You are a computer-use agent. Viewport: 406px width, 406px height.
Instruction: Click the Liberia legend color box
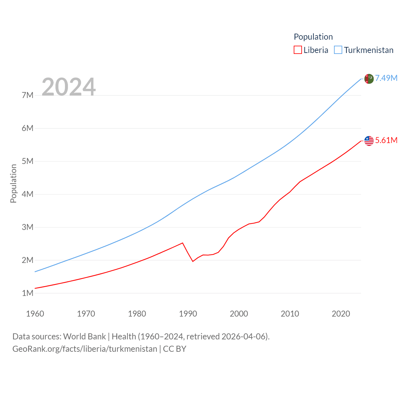click(x=298, y=50)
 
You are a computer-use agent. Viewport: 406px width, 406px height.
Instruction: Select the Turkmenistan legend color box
click(x=338, y=50)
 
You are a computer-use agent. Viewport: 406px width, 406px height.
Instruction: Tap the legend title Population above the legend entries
click(x=313, y=37)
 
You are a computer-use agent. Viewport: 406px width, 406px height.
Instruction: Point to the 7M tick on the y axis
click(x=28, y=95)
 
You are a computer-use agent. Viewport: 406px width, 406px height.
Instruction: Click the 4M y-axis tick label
click(x=28, y=194)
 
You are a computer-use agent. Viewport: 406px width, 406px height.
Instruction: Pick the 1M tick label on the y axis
click(x=28, y=293)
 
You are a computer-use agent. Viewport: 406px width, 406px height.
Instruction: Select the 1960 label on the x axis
click(x=35, y=314)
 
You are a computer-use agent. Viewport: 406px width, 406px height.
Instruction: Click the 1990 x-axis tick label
click(x=188, y=314)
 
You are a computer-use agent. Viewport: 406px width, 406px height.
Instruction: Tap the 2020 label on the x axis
click(x=341, y=314)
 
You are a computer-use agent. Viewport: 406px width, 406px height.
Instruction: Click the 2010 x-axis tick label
click(x=290, y=314)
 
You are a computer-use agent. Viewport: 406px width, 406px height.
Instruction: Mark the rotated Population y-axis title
click(x=13, y=183)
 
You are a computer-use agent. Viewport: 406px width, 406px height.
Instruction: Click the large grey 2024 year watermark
click(x=69, y=87)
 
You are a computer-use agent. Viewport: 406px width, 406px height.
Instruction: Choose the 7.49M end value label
click(x=386, y=78)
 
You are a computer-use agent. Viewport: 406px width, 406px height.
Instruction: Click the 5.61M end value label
click(x=386, y=140)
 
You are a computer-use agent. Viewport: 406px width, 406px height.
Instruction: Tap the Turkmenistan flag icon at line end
click(x=369, y=79)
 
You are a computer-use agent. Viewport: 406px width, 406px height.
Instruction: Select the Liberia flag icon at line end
click(x=369, y=141)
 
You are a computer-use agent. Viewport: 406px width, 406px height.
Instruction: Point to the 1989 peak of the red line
click(x=182, y=243)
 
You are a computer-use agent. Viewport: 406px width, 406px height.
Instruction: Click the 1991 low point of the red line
click(x=193, y=261)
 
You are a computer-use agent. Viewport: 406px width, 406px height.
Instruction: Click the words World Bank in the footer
click(x=84, y=337)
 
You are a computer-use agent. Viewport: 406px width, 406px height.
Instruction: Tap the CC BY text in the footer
click(x=174, y=349)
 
